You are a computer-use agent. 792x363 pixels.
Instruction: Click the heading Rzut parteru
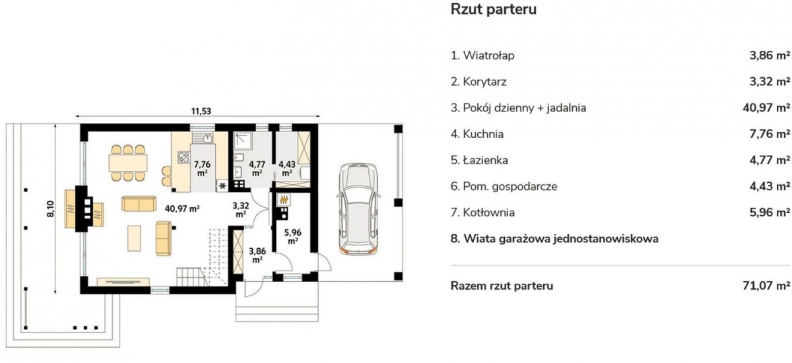click(x=493, y=9)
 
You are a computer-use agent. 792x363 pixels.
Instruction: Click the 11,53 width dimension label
click(x=201, y=112)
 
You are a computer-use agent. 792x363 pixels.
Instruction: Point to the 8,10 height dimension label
click(x=51, y=209)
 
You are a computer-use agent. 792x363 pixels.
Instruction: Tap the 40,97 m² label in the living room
click(x=182, y=209)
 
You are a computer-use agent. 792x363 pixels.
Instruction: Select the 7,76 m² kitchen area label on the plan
click(x=202, y=168)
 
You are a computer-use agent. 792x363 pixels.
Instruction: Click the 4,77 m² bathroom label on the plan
click(x=257, y=168)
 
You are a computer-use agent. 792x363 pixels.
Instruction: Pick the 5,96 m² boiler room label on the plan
click(x=293, y=236)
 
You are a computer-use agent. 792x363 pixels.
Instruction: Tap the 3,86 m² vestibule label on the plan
click(x=257, y=255)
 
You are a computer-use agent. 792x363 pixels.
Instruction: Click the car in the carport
click(x=358, y=209)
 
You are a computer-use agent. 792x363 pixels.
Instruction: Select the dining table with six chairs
click(x=127, y=163)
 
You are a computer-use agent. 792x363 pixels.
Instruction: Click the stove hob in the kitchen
click(x=183, y=157)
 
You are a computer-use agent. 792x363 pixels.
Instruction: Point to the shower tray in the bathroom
click(x=243, y=141)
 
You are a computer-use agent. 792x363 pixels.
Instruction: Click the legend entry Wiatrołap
click(x=482, y=55)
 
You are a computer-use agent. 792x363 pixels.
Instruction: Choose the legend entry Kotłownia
click(x=482, y=213)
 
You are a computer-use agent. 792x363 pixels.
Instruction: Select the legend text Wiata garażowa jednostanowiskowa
click(x=554, y=238)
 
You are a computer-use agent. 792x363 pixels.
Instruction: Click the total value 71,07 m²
click(x=766, y=286)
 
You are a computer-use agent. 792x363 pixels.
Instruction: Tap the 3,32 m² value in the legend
click(x=770, y=82)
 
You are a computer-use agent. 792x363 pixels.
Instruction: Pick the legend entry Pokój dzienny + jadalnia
click(x=518, y=108)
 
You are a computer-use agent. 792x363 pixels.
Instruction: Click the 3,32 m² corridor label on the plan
click(x=240, y=210)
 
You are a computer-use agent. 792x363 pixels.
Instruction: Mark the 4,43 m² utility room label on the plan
click(x=286, y=168)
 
